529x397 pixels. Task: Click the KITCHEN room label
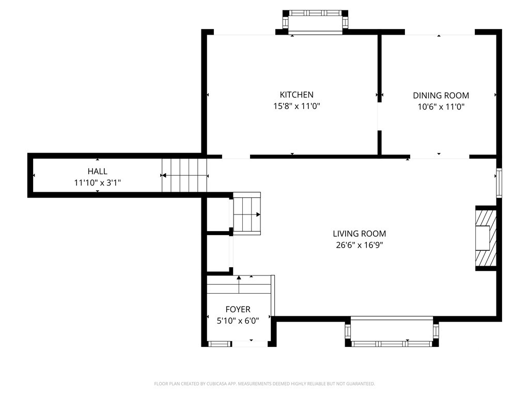(x=297, y=95)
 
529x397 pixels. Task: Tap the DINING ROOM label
(x=441, y=96)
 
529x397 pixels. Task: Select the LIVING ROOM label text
(x=360, y=234)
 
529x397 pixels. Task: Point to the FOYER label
(x=238, y=309)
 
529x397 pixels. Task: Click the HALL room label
(x=98, y=171)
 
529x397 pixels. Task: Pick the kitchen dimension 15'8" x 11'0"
(x=297, y=106)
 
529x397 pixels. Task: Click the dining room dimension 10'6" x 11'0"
(x=441, y=107)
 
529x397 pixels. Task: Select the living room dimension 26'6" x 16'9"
(x=360, y=245)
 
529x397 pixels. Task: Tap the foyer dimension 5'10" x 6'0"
(x=238, y=320)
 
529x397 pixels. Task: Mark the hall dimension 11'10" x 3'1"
(x=98, y=183)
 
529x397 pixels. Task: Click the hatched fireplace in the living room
(x=486, y=238)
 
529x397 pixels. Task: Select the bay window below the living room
(x=392, y=332)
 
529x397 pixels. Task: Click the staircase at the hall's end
(x=184, y=175)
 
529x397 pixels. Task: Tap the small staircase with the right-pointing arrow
(x=247, y=213)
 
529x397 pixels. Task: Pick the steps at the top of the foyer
(x=239, y=285)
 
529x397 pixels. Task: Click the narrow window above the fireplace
(x=499, y=182)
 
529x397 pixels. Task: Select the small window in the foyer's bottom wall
(x=219, y=344)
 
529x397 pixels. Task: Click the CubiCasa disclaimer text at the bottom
(x=264, y=384)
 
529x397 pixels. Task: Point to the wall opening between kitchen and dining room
(x=379, y=116)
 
